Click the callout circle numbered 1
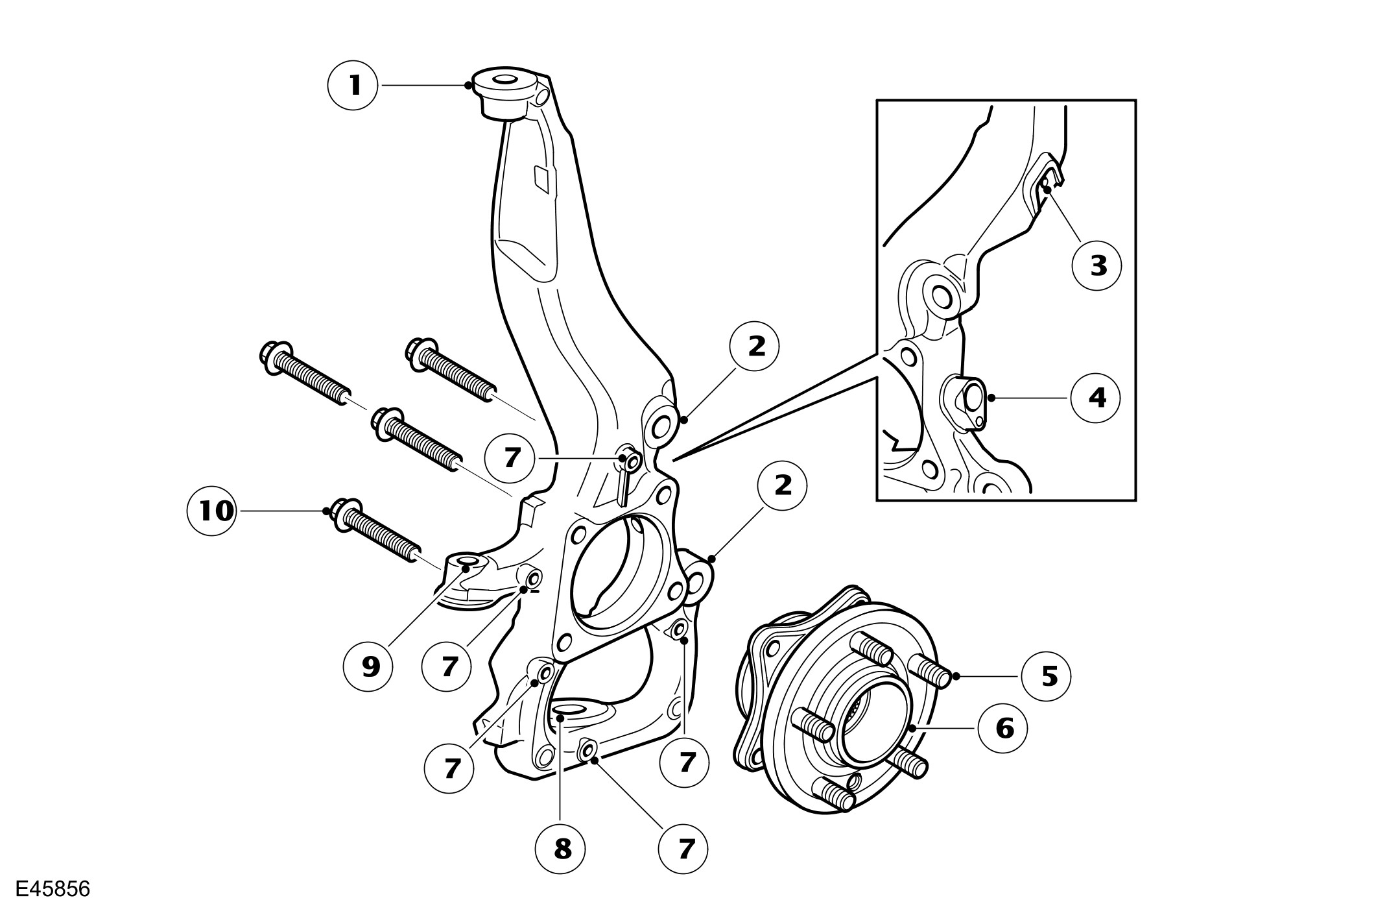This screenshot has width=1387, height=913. tap(353, 85)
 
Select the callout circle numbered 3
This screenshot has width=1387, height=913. tap(1097, 265)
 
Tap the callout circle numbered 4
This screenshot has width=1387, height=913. tap(1096, 398)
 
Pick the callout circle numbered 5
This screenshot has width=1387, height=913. tap(1046, 676)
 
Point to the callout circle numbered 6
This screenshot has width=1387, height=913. tap(1003, 729)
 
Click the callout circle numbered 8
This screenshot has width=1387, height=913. tap(562, 847)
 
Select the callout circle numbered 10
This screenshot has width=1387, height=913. tap(211, 511)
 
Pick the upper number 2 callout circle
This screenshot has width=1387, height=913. tap(755, 347)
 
